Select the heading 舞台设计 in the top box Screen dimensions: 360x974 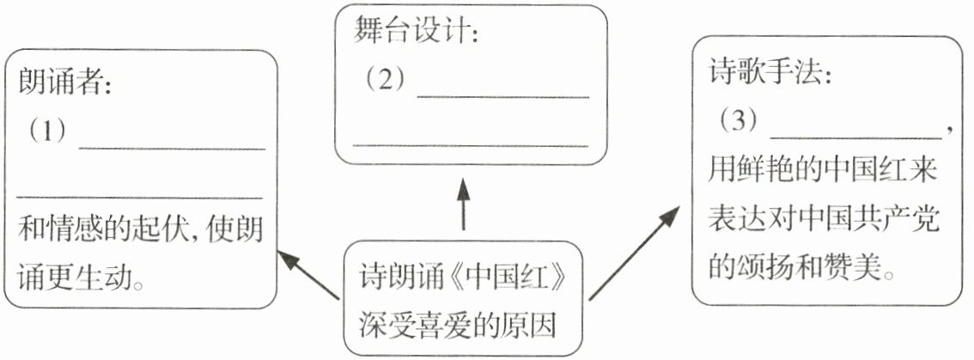pyautogui.click(x=411, y=33)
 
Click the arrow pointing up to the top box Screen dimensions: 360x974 pyautogui.click(x=463, y=204)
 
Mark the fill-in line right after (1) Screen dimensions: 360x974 pyautogui.click(x=172, y=148)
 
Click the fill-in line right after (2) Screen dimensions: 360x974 pyautogui.click(x=502, y=95)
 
